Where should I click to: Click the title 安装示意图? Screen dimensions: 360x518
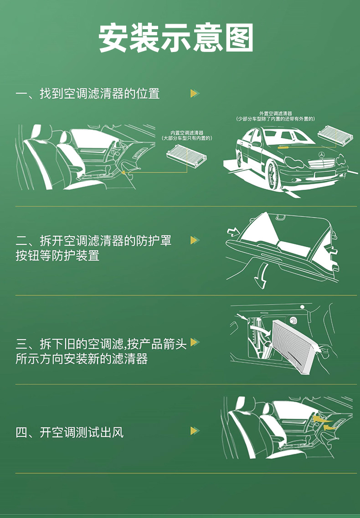[176, 37]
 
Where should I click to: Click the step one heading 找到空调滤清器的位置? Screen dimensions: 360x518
[100, 93]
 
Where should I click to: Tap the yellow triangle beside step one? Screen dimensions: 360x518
[195, 93]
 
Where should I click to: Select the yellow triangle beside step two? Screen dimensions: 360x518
[195, 240]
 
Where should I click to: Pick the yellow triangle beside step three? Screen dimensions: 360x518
[195, 342]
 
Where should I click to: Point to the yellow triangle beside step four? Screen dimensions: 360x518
[195, 431]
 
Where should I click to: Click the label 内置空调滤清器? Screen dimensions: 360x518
[187, 133]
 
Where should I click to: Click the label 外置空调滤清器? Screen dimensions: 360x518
[275, 113]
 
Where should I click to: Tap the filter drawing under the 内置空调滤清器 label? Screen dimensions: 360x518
[186, 154]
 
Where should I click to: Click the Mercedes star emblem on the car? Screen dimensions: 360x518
[321, 155]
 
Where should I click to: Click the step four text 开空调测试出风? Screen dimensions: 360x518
[82, 432]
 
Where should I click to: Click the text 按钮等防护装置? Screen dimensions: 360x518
[57, 256]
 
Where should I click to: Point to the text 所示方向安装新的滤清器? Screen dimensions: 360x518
[82, 359]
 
